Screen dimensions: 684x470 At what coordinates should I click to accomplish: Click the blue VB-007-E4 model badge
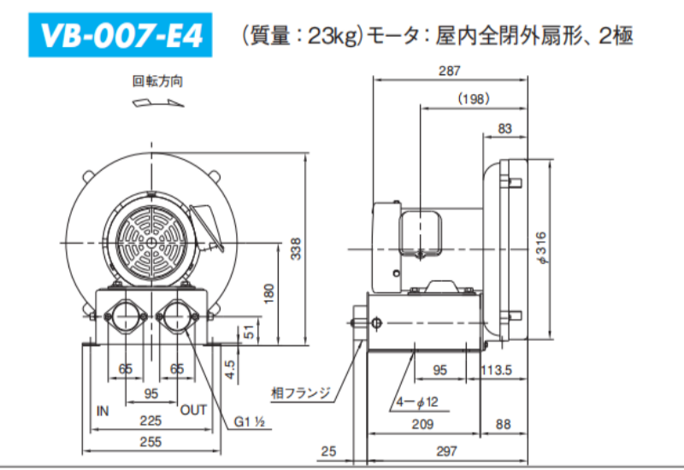(121, 35)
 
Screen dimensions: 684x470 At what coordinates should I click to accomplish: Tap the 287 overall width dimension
(450, 71)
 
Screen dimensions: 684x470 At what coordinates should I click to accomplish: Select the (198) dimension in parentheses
(474, 98)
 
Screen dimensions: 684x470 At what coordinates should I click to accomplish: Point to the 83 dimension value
(504, 129)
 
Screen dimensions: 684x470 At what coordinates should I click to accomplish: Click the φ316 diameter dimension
(541, 248)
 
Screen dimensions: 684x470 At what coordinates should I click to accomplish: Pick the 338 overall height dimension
(296, 249)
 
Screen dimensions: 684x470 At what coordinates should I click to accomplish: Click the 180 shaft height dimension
(269, 293)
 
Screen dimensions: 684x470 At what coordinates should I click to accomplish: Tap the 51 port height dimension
(249, 332)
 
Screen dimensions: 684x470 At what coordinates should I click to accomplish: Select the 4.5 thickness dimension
(230, 369)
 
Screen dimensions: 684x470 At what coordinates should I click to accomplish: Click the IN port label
(103, 411)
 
